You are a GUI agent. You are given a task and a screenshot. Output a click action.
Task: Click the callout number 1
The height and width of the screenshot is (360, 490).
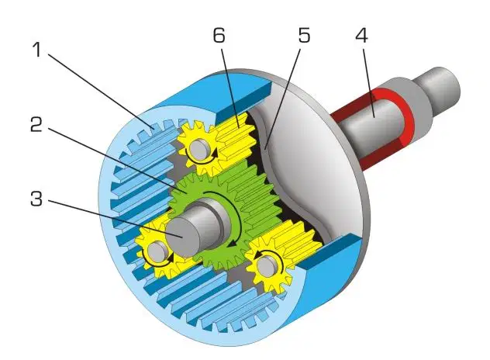pos(37,50)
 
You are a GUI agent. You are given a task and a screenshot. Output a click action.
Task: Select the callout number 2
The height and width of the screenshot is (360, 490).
pos(36,124)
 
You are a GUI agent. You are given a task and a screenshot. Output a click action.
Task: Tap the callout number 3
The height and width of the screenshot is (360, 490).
pos(36,199)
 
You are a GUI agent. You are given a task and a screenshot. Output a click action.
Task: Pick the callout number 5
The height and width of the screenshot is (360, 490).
pos(304,35)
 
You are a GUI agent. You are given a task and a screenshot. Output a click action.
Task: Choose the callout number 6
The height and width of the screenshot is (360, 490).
pos(219,35)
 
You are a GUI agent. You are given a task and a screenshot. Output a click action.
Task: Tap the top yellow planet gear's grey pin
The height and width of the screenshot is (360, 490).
pos(200,151)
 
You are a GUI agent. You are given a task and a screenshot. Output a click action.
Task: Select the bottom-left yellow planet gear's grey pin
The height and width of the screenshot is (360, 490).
pos(157,251)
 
